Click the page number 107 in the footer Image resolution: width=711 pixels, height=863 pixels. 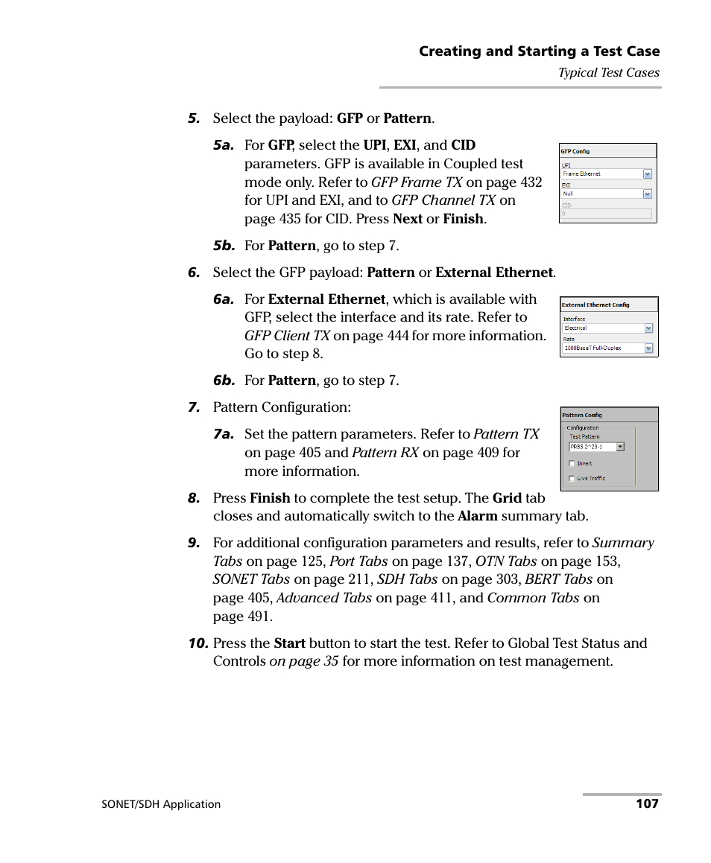point(647,803)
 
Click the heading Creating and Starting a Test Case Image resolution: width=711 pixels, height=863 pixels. point(539,51)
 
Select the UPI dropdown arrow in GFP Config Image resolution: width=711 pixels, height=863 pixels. point(647,174)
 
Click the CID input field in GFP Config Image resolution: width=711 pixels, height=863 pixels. point(607,213)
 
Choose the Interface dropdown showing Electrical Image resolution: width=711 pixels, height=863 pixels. point(607,328)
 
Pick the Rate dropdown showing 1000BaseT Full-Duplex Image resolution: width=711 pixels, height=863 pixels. point(607,348)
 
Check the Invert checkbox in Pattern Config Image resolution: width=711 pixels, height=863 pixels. point(572,463)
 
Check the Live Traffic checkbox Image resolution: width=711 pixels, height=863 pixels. point(572,478)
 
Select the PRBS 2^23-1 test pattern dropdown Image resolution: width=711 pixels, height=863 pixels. point(596,447)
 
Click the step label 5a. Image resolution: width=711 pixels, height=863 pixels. point(224,146)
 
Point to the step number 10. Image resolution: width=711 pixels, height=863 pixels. point(197,643)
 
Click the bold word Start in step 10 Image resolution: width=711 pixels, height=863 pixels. point(289,643)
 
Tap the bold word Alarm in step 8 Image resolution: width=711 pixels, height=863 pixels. point(478,516)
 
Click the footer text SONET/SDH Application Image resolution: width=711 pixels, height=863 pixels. point(161,804)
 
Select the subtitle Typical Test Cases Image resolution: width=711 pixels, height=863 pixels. point(609,72)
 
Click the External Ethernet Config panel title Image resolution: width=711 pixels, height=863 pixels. point(595,305)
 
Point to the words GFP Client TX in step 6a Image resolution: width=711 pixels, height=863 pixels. point(287,336)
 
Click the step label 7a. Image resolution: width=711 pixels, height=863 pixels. point(224,434)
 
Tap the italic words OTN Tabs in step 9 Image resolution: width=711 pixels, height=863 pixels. point(506,561)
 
